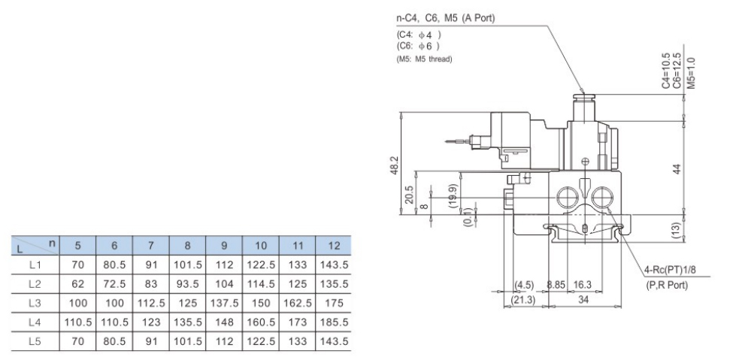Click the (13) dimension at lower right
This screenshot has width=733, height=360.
[676, 228]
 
